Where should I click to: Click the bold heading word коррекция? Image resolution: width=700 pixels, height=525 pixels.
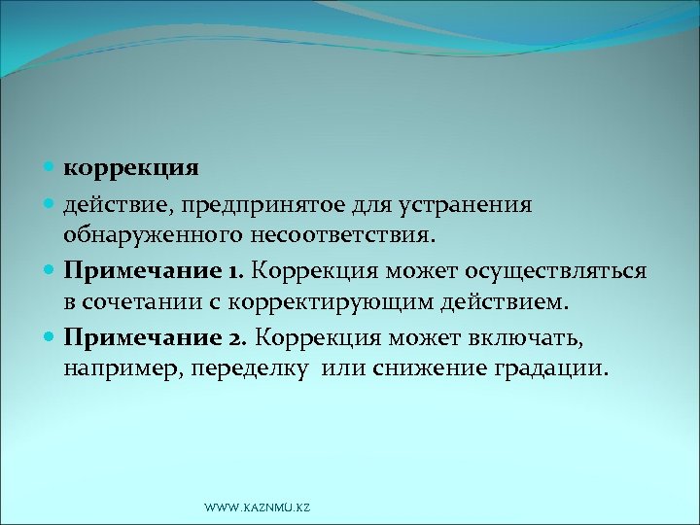[131, 168]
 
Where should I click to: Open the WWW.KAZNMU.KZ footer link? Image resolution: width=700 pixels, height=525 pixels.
[258, 508]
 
